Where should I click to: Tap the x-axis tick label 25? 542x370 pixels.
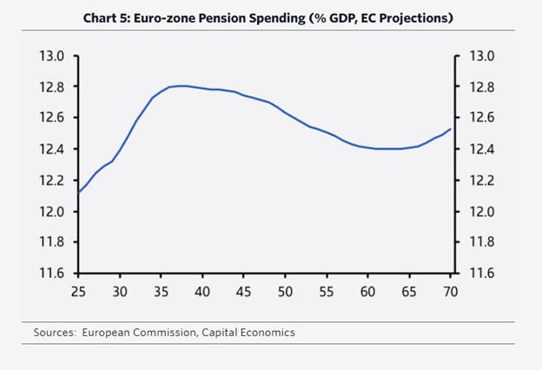79,292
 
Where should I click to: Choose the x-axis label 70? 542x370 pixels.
451,292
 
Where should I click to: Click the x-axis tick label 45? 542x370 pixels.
244,292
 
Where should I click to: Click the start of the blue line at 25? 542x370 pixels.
79,192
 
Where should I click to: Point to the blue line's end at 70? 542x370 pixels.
450,129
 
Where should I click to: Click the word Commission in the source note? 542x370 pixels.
158,333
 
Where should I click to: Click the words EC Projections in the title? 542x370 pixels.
400,18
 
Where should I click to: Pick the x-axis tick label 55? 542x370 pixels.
327,292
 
